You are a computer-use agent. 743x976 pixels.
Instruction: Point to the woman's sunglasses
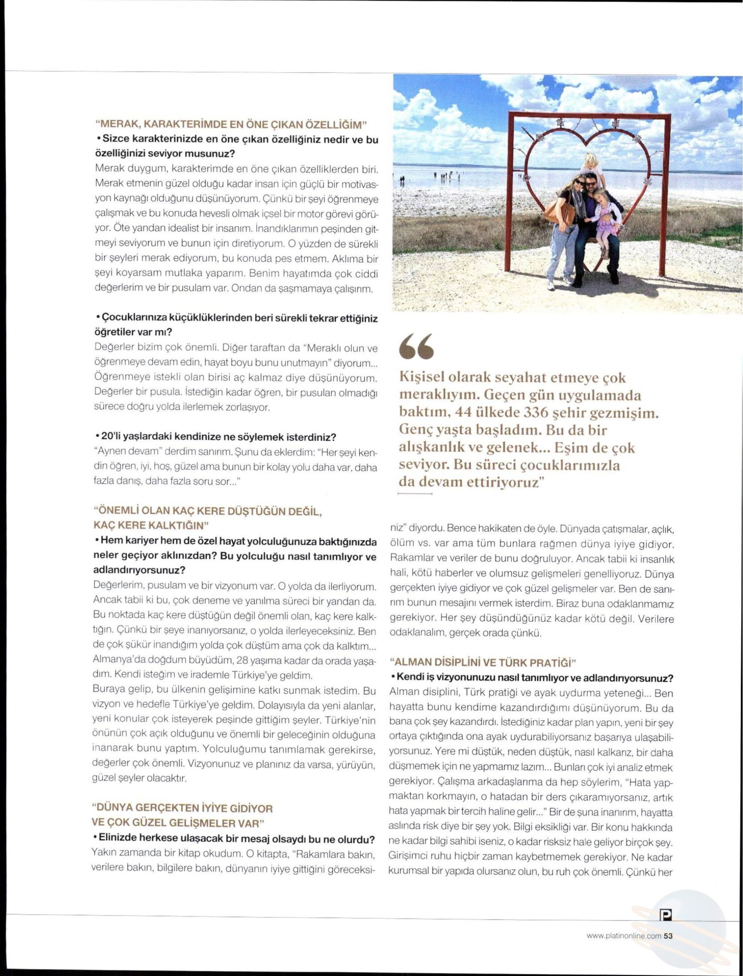click(x=580, y=182)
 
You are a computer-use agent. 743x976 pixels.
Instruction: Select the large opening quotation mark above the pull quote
click(x=417, y=346)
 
